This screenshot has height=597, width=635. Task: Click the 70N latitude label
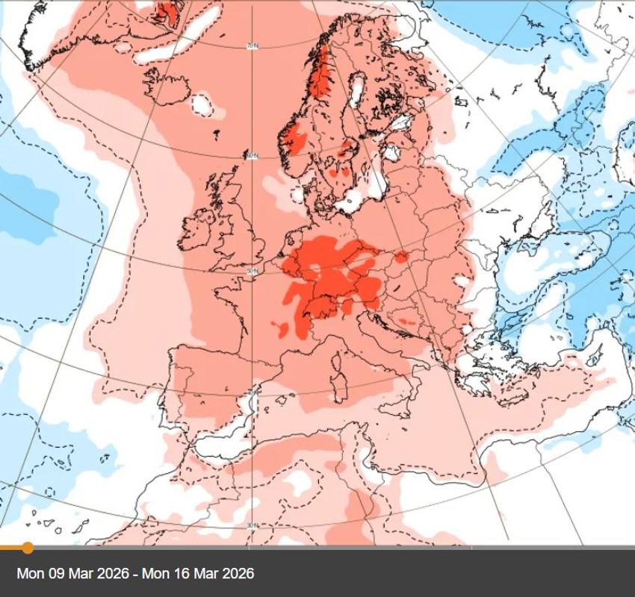tap(252, 46)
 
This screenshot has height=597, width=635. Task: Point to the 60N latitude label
tap(252, 155)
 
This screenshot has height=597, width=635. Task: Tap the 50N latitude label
tap(252, 270)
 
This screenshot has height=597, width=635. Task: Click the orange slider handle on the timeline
tap(28, 548)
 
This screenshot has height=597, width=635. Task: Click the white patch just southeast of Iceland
tap(202, 104)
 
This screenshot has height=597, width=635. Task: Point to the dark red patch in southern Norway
tap(295, 139)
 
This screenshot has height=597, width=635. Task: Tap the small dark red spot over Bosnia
tap(408, 322)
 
